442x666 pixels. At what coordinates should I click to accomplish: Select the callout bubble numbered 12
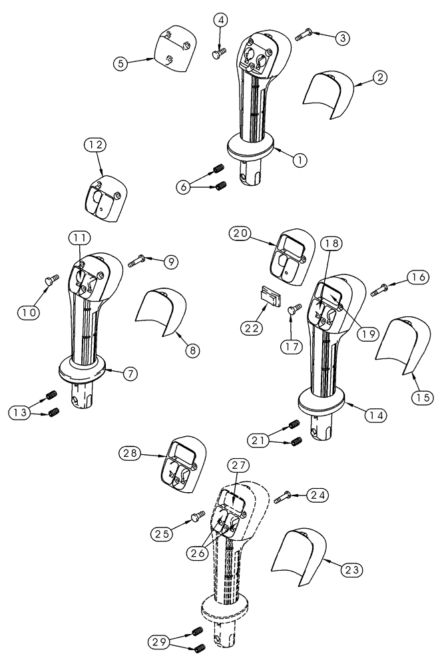coord(95,145)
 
